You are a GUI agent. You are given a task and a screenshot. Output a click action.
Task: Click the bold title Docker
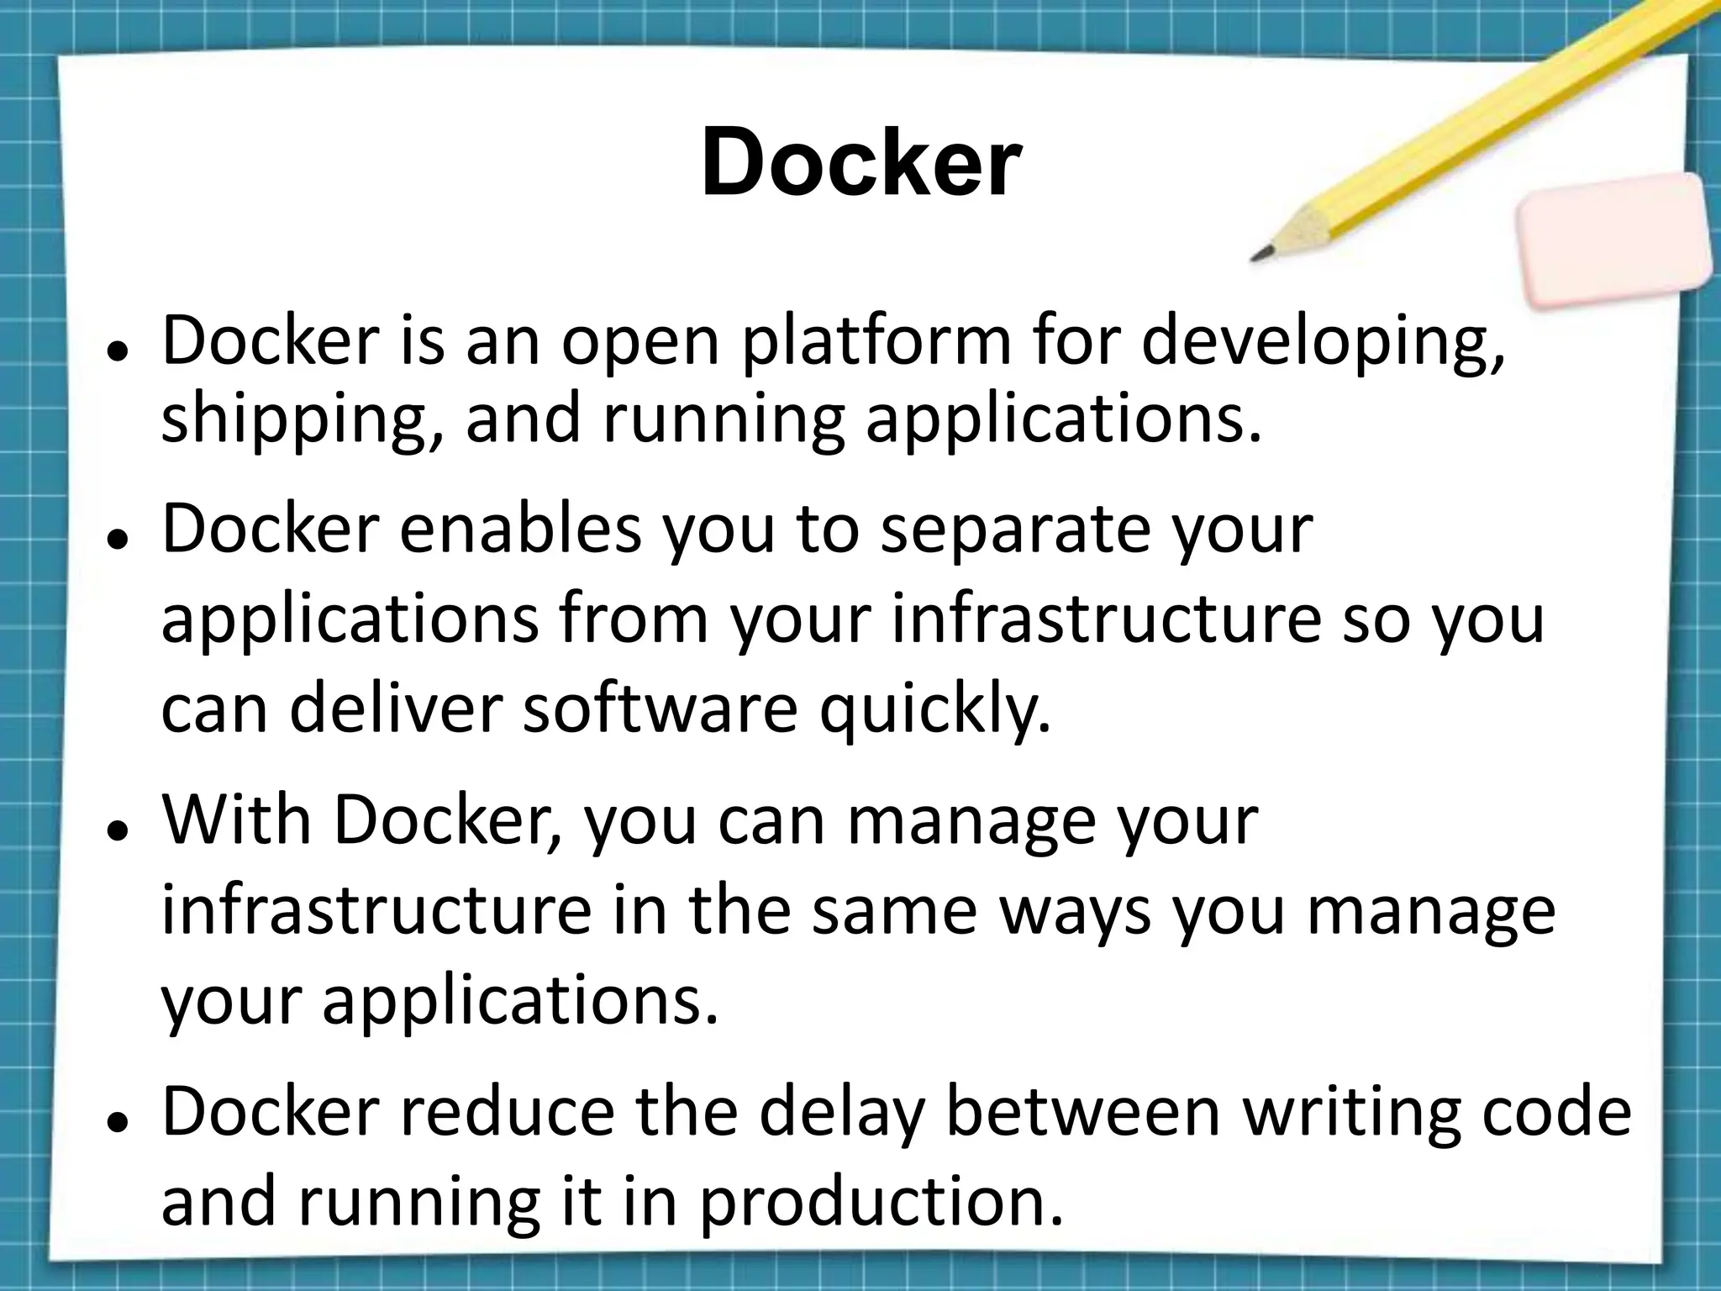pyautogui.click(x=860, y=161)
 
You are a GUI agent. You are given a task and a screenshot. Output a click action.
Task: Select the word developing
pyautogui.click(x=1323, y=344)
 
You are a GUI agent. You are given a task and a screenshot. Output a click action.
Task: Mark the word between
pyautogui.click(x=1083, y=1111)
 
